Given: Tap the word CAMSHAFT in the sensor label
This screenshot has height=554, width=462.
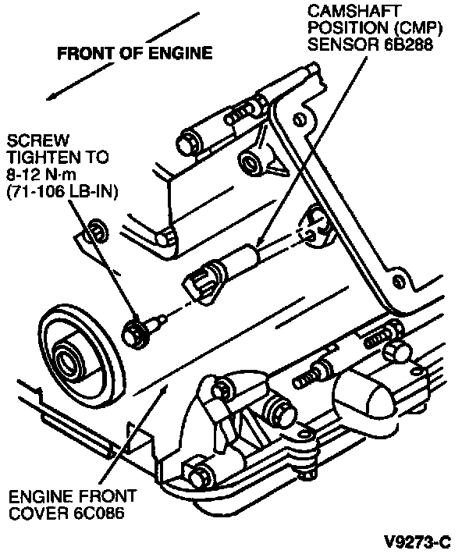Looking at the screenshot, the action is click(353, 11).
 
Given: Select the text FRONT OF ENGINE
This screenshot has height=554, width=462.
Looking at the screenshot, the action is click(135, 53).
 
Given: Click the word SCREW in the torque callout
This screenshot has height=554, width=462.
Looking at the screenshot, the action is click(38, 140).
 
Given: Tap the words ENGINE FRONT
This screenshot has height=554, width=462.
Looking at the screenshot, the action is click(73, 497).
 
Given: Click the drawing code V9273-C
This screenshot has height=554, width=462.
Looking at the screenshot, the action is click(418, 542).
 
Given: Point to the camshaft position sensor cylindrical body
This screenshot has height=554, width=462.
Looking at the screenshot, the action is click(240, 261).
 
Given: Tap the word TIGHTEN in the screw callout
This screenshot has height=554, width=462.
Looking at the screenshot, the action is click(42, 158).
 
